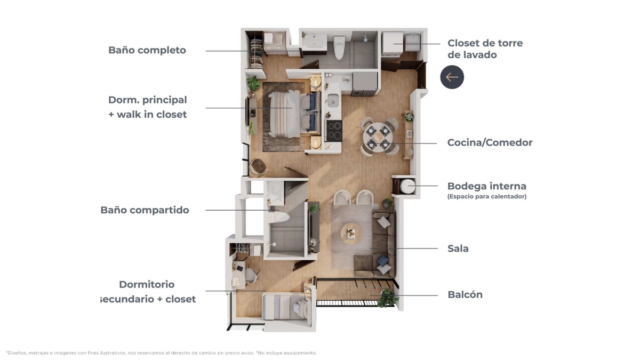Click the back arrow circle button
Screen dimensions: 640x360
(452, 77)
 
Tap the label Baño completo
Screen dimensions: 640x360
(147, 50)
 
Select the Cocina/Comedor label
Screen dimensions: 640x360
(490, 142)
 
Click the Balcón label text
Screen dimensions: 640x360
(465, 294)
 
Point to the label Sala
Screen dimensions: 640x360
(458, 249)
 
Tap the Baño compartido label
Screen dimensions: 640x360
(145, 210)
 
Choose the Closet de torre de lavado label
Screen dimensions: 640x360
(485, 49)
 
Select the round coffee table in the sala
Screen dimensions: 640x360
(351, 234)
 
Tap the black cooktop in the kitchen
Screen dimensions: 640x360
(334, 131)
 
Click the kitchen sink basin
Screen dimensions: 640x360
(333, 100)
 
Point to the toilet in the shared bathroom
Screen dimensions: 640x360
(278, 217)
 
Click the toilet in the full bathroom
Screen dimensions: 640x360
(339, 47)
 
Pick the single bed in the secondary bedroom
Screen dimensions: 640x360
(286, 309)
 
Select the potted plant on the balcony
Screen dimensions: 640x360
(387, 298)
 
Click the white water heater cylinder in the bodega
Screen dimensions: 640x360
(407, 186)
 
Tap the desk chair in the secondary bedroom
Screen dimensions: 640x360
(251, 274)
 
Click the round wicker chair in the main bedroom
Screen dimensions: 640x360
(259, 166)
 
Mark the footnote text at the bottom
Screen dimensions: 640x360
(161, 353)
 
